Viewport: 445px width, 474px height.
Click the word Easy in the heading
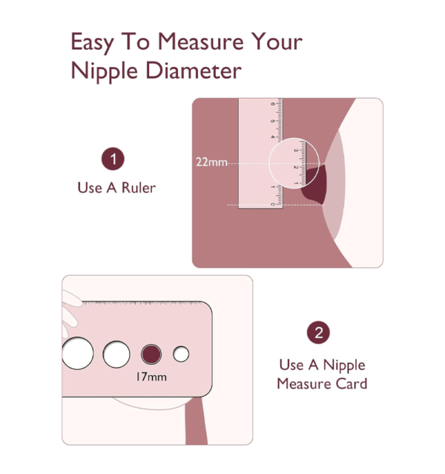92,42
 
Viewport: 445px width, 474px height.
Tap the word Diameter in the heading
194,71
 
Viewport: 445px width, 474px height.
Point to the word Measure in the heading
200,42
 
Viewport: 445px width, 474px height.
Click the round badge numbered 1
113,159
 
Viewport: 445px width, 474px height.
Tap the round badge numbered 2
318,333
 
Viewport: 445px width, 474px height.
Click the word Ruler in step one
139,188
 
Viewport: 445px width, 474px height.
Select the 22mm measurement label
211,162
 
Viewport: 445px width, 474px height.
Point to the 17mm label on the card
151,377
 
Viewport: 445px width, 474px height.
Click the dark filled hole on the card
151,354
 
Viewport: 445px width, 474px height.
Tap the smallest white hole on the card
181,354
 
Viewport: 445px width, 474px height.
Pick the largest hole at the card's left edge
77,353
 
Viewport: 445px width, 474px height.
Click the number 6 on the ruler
273,104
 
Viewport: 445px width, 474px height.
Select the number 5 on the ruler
273,121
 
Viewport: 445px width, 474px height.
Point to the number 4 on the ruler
273,137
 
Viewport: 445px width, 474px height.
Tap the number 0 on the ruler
273,204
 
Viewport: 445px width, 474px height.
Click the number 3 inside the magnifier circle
296,151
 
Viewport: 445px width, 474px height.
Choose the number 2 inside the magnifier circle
296,167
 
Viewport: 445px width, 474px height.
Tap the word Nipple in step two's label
344,366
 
